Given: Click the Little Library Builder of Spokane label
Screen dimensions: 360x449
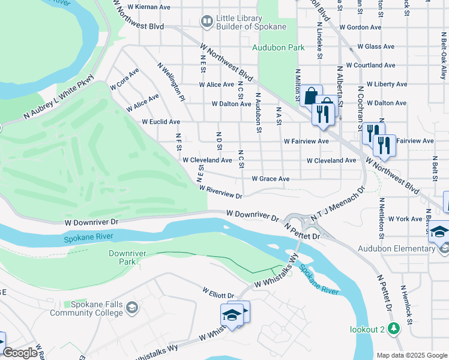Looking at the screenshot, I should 240,23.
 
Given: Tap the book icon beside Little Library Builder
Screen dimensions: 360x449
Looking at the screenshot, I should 206,23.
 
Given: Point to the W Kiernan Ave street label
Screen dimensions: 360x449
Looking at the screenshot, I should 145,7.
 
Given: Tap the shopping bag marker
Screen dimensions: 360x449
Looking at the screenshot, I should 311,95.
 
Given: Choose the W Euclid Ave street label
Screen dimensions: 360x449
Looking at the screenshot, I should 160,122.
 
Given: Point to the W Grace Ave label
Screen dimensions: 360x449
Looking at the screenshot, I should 271,179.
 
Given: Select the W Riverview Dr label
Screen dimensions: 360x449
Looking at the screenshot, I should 224,192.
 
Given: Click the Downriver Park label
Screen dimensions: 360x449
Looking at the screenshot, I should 122,257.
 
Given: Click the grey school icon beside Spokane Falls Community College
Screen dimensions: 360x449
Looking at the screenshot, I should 132,308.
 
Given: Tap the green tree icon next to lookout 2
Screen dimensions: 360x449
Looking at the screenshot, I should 393,329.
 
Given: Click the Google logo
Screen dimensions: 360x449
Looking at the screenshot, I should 20,353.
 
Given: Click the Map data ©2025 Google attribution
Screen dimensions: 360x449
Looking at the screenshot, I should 411,355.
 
